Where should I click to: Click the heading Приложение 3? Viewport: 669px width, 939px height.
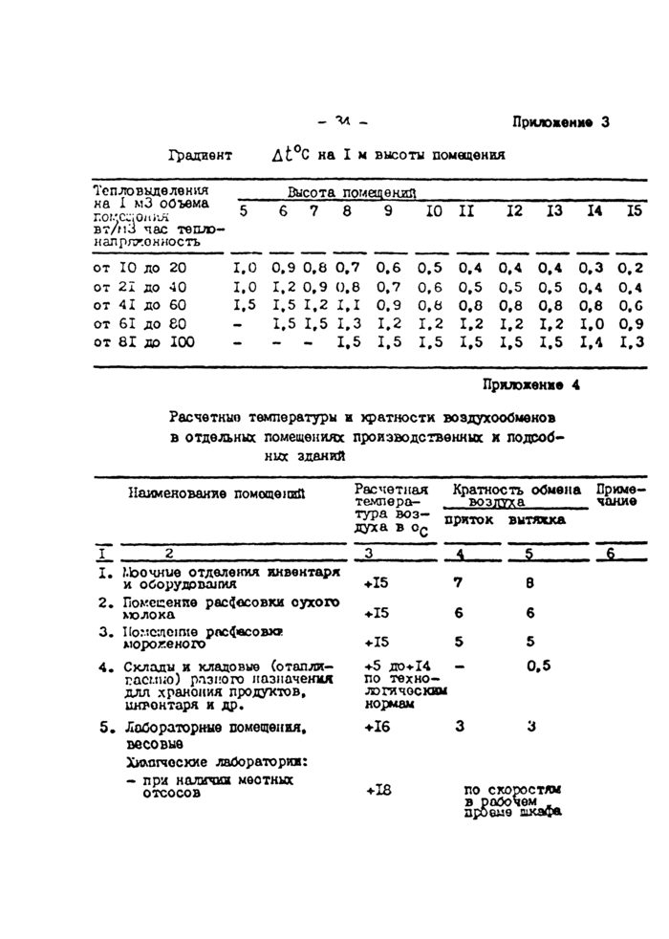tap(560, 122)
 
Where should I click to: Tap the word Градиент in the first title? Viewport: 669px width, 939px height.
tap(202, 155)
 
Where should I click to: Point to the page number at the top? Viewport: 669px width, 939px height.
tap(341, 121)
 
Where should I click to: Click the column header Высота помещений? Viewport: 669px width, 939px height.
tap(353, 192)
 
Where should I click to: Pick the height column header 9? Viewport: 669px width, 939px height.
tap(386, 211)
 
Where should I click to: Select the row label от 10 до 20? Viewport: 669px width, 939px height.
tap(140, 269)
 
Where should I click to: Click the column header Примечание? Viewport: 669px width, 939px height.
tap(621, 494)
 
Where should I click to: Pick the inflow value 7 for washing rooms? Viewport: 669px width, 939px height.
tap(457, 580)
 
